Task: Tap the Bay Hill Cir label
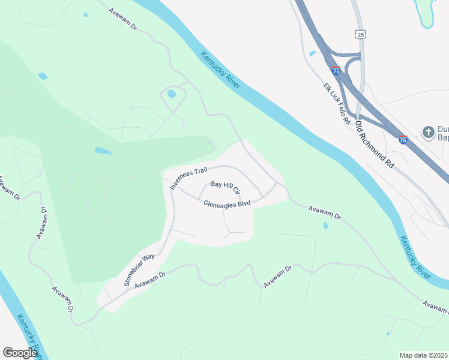(224, 187)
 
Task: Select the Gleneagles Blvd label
(226, 203)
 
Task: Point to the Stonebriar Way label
(139, 269)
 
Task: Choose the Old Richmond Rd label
(373, 144)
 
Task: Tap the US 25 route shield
(360, 35)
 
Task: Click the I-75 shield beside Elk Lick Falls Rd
(336, 71)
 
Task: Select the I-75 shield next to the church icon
(403, 139)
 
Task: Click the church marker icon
(429, 132)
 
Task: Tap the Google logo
(20, 352)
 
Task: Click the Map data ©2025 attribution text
(424, 355)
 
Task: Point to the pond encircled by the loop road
(172, 94)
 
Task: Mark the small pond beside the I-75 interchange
(312, 53)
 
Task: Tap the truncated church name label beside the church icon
(443, 133)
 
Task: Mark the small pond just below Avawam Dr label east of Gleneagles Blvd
(325, 226)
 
